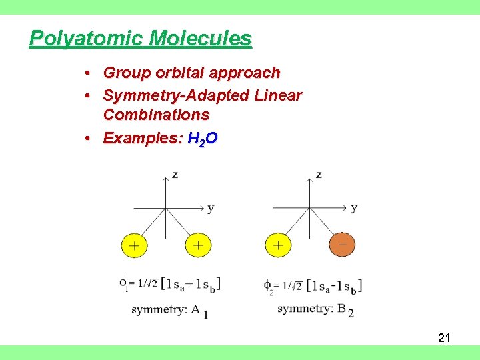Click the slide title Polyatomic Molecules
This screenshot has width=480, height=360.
pos(141,39)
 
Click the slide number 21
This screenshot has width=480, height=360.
pos(445,338)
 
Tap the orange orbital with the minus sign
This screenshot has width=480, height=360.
pos(343,245)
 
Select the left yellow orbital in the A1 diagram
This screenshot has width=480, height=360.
pos(134,245)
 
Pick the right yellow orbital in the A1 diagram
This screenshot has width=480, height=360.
pos(198,245)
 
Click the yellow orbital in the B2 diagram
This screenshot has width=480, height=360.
pos(278,245)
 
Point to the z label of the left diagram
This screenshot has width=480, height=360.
pos(174,175)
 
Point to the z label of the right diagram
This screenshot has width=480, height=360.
pos(319,175)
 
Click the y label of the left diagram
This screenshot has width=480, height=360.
pos(211,208)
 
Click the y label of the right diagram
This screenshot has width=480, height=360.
pos(354,207)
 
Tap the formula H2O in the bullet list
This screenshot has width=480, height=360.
pos(203,139)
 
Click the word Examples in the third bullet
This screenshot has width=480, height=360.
pos(143,139)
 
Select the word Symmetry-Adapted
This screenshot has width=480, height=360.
pos(176,96)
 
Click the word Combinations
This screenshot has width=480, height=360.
pos(156,115)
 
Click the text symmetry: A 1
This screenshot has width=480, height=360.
pos(169,310)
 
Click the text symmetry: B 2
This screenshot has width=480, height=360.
pos(315,309)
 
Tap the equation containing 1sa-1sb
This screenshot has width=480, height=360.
pos(313,285)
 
